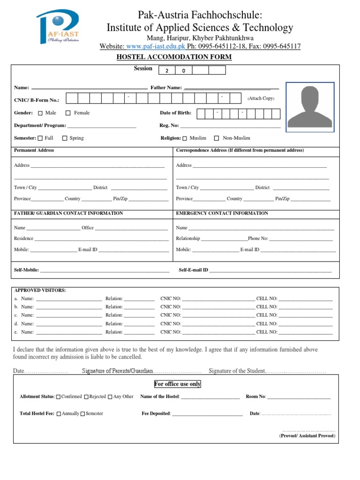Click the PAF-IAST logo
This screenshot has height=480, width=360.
coord(58,28)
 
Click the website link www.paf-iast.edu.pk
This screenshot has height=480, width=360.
coord(156,46)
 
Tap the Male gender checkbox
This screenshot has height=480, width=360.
coord(40,113)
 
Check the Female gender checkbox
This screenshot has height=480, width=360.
coord(68,113)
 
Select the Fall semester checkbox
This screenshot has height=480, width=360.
coord(40,138)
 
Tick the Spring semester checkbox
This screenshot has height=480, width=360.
coord(65,138)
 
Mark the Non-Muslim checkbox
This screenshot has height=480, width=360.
coord(217,138)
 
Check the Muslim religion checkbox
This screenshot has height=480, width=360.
coord(185,138)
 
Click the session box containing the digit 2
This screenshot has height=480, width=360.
coord(167,70)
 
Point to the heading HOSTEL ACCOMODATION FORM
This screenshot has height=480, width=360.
coord(174,57)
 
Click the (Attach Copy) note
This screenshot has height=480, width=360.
coord(261,98)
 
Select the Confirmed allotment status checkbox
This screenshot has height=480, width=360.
coord(58,397)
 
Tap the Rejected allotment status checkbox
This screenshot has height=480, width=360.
coord(86,397)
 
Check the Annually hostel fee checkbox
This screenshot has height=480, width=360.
coord(59,413)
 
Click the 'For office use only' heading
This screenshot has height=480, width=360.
coord(178,384)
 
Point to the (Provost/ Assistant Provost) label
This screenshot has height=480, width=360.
coord(307,435)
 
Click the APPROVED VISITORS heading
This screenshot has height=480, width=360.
coord(40,290)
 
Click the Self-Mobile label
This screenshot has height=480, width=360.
coord(27,270)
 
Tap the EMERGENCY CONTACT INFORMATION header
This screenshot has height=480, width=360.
coord(222,213)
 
